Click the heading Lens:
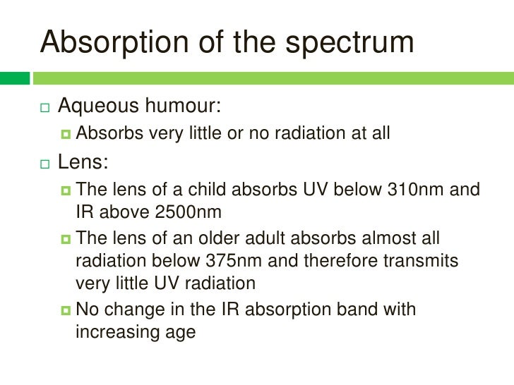click(x=83, y=163)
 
